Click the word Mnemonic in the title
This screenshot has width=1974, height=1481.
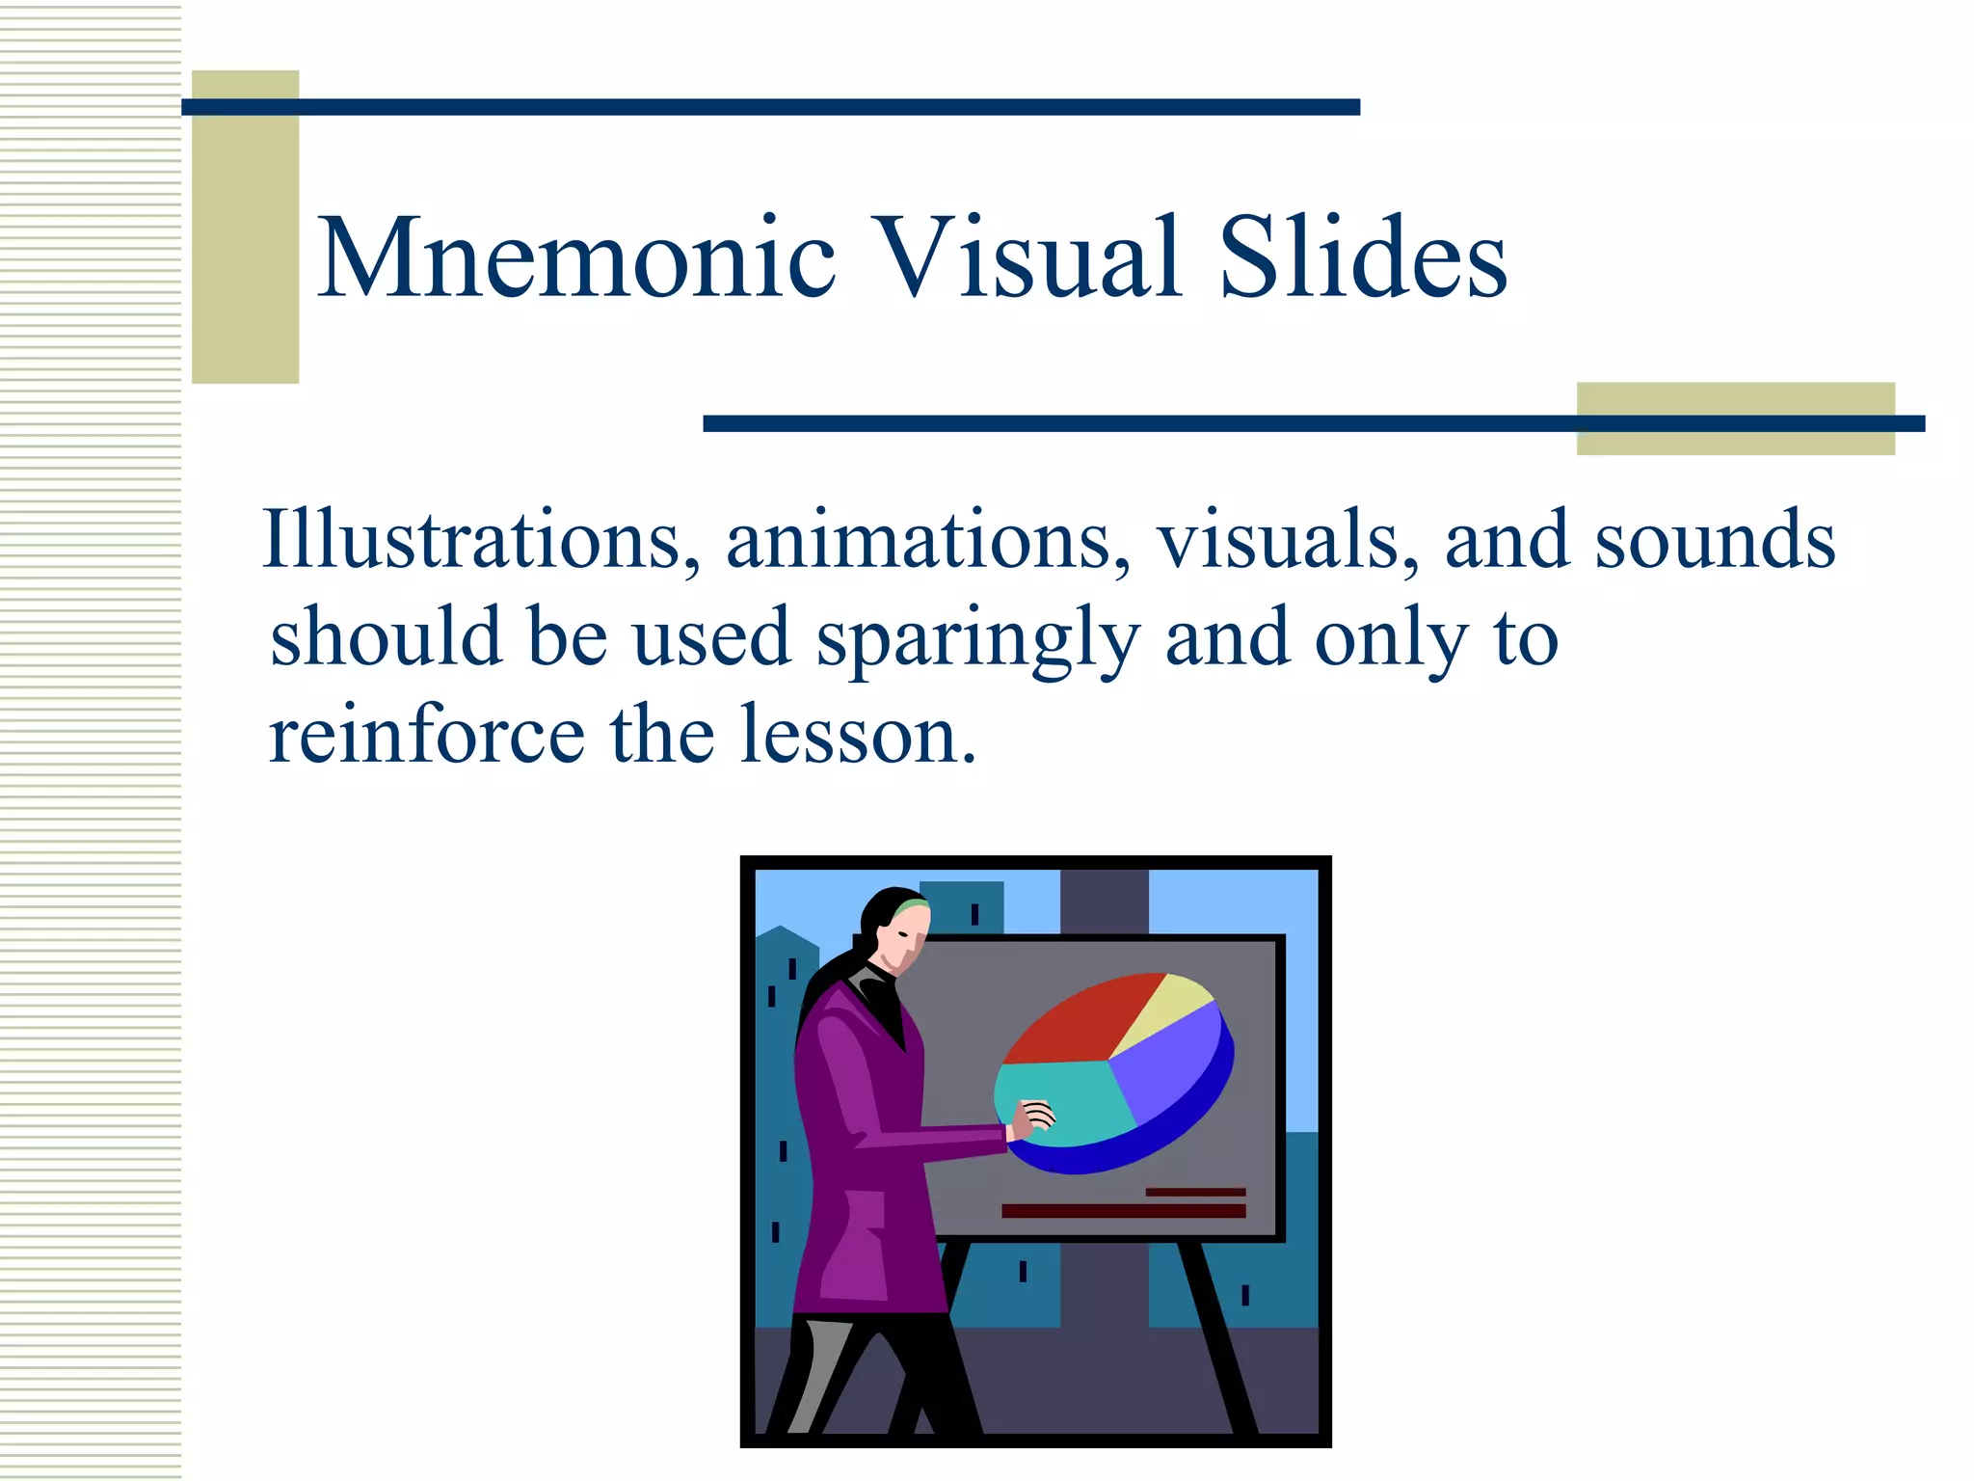576,258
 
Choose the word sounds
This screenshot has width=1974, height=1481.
1715,540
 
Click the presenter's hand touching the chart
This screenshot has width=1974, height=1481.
1034,1118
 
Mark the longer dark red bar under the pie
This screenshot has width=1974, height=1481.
1123,1211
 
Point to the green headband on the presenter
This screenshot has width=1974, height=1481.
911,907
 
